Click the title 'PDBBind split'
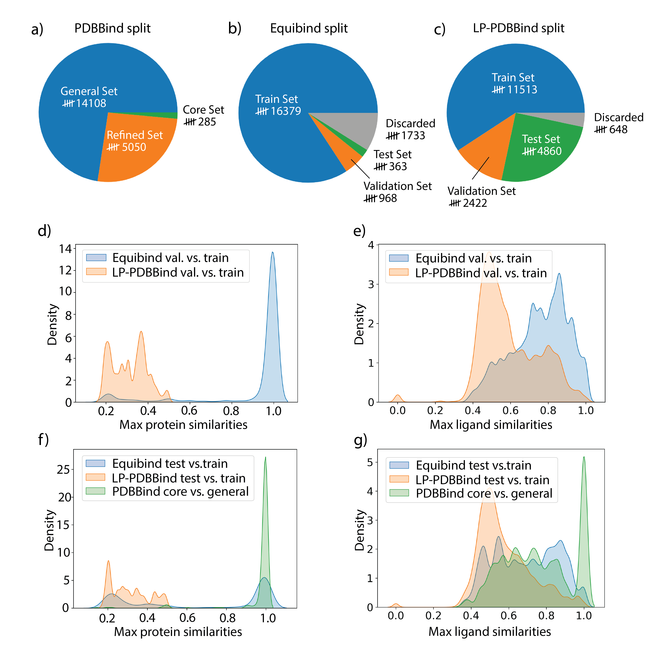point(112,28)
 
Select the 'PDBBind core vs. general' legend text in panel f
point(180,492)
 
